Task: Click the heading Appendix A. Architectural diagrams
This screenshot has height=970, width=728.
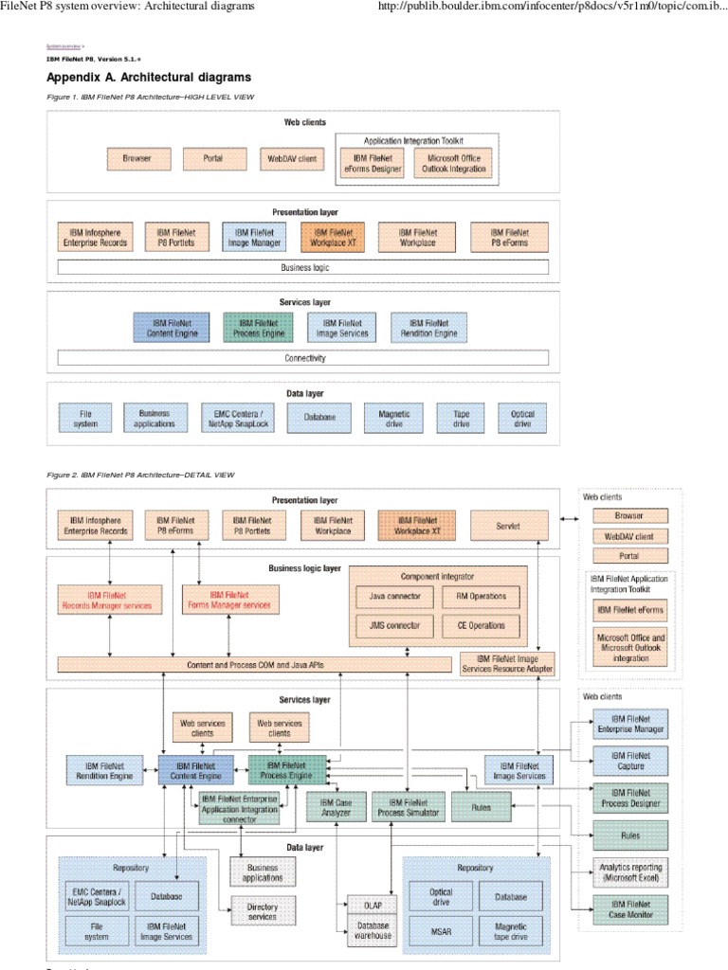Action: coord(149,78)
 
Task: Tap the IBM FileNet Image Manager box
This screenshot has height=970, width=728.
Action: coord(255,237)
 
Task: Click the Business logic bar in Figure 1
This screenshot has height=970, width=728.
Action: coord(303,267)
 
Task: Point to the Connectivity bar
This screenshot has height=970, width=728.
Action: coord(303,358)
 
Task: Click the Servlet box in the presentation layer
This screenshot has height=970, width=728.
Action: coord(509,525)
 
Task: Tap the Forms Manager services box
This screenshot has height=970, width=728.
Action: coord(232,600)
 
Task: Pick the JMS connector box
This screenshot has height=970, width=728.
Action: coord(395,626)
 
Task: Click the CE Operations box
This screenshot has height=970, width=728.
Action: coord(481,626)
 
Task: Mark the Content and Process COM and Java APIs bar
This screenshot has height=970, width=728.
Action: coord(254,665)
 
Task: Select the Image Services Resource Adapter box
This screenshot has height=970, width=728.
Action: coord(507,664)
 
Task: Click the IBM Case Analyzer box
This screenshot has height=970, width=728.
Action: coord(336,807)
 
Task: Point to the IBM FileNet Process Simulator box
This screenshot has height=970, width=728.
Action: coord(404,807)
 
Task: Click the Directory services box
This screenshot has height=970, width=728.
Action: coord(263,912)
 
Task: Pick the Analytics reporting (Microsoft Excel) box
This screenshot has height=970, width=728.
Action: coord(630,872)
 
